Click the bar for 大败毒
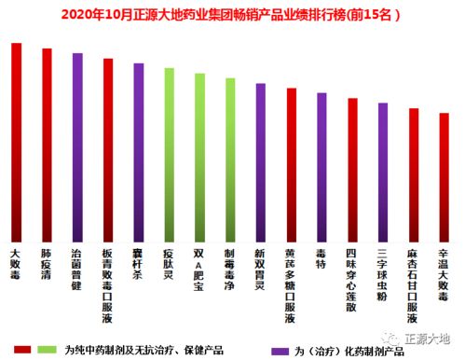[16, 141]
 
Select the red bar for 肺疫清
[47, 145]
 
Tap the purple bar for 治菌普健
[77, 146]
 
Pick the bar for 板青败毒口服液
[108, 149]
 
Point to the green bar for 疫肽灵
[169, 154]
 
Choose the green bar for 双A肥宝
[199, 157]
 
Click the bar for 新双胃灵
[260, 161]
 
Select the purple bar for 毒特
[321, 166]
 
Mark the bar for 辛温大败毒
[444, 176]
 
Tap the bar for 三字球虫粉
[382, 172]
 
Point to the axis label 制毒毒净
[230, 270]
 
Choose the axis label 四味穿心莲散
[351, 275]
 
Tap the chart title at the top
[232, 14]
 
